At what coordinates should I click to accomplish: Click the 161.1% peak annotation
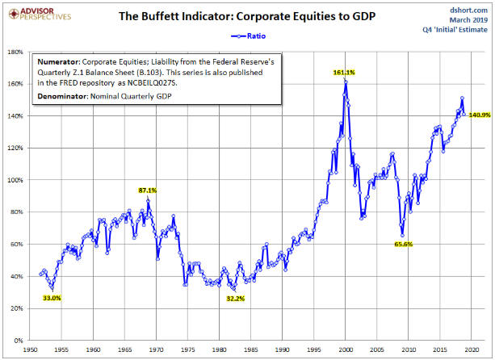(344, 73)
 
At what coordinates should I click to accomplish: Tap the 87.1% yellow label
(148, 190)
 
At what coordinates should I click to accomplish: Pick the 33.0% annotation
(52, 298)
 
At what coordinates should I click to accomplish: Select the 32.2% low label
(234, 298)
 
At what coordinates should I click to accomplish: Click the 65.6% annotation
(404, 244)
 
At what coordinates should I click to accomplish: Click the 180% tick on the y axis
(15, 52)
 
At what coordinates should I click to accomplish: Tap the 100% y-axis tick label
(15, 180)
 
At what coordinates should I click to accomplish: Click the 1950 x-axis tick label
(30, 351)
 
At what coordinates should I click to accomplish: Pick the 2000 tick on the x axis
(345, 351)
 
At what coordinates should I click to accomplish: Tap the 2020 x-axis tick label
(471, 351)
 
